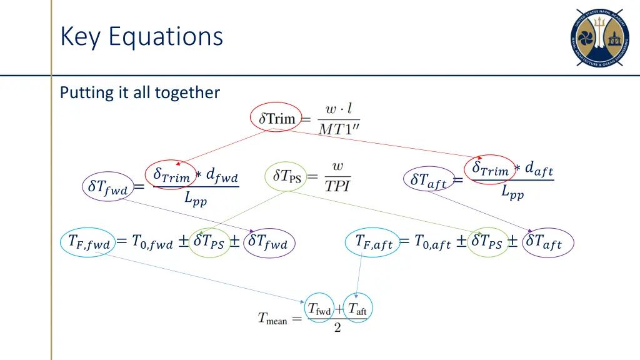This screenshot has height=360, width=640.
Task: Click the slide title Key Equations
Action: [141, 36]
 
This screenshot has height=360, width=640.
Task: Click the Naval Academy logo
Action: [599, 38]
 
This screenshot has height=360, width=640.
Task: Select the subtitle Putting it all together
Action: [140, 92]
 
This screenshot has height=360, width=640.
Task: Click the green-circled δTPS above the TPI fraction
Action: [287, 176]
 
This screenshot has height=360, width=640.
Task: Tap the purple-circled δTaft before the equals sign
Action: [429, 179]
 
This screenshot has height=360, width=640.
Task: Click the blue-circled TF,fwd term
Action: [89, 242]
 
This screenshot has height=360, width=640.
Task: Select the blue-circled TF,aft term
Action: [374, 242]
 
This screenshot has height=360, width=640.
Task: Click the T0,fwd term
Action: [153, 242]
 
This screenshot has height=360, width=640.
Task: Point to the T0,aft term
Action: [432, 242]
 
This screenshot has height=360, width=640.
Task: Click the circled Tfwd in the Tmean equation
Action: [319, 308]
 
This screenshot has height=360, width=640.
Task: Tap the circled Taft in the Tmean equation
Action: [357, 308]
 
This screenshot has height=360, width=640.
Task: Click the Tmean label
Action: [272, 318]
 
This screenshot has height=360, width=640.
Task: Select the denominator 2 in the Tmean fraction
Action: [337, 329]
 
